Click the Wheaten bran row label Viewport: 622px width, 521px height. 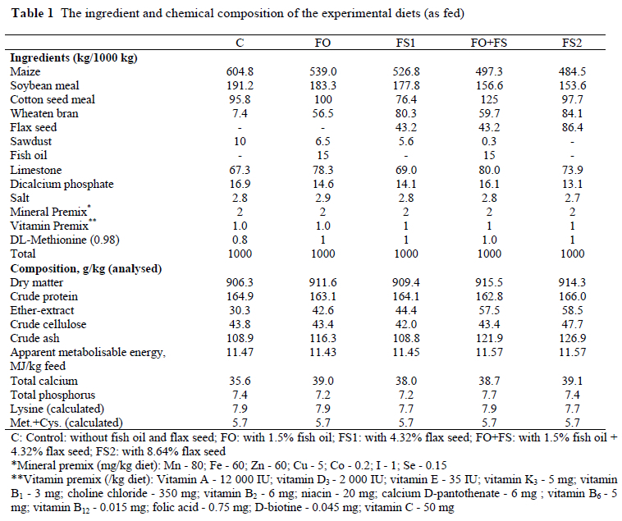pyautogui.click(x=41, y=113)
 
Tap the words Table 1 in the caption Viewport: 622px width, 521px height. pyautogui.click(x=32, y=14)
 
